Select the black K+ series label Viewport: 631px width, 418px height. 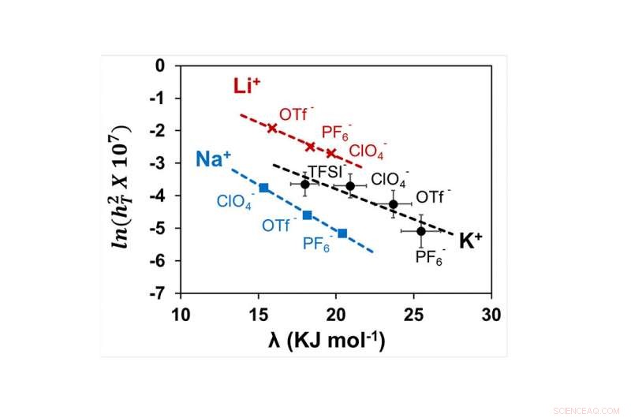point(471,241)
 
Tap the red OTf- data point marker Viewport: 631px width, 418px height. point(273,128)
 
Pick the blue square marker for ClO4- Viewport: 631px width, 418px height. point(264,188)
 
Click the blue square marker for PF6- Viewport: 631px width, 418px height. point(342,233)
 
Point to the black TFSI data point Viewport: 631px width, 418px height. point(305,184)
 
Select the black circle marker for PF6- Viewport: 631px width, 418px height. point(421,230)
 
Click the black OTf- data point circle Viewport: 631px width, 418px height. point(394,204)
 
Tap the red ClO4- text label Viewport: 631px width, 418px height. point(368,150)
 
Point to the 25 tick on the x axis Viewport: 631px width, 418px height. point(414,315)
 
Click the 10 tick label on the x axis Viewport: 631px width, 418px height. point(181,315)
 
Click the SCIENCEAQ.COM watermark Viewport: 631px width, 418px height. point(593,409)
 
